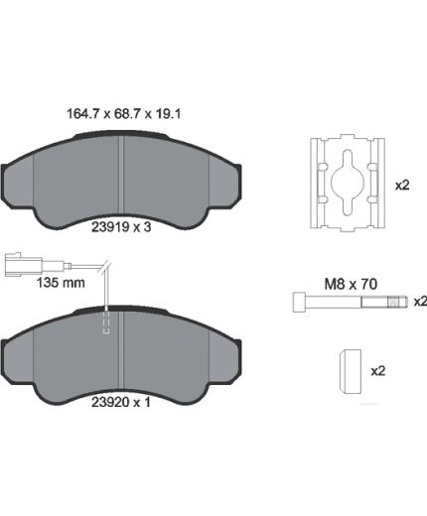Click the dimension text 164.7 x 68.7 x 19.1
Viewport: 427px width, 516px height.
click(x=124, y=114)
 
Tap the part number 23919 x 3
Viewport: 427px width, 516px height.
click(x=121, y=227)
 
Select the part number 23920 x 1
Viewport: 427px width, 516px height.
click(x=121, y=402)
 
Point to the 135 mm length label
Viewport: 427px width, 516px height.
click(x=61, y=283)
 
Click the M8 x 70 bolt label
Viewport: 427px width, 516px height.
click(x=351, y=284)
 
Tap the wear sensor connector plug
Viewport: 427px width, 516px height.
click(x=23, y=264)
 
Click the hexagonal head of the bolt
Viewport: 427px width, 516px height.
click(x=299, y=302)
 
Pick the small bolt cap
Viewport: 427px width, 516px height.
click(x=351, y=371)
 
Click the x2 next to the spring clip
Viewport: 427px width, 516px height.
click(x=402, y=186)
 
